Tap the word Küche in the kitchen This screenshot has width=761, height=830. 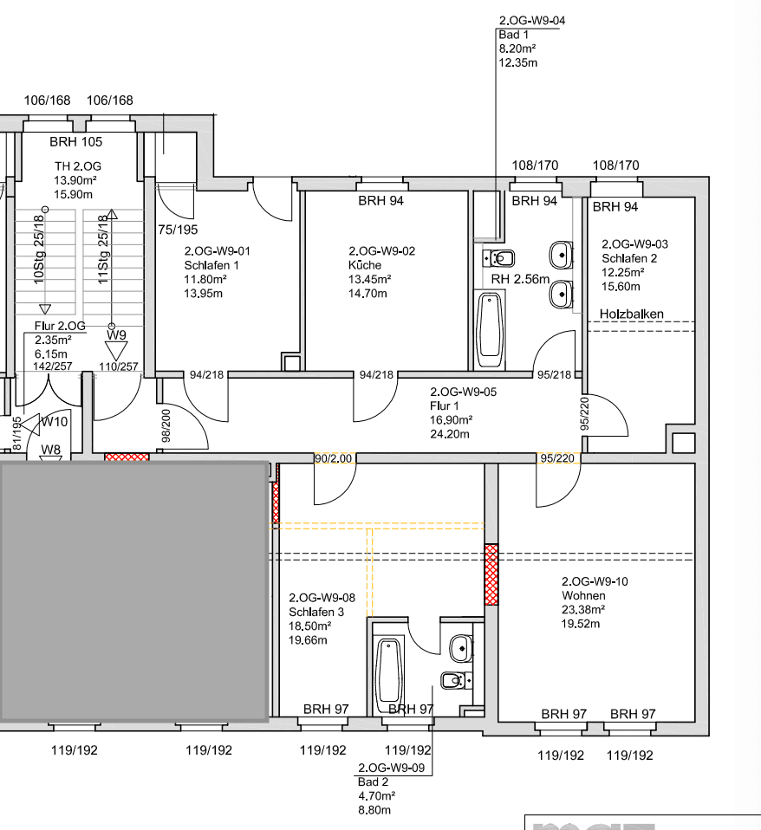click(364, 265)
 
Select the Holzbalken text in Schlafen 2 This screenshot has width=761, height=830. click(632, 313)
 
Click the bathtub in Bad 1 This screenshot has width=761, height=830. click(491, 330)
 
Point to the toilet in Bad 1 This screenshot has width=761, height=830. click(500, 258)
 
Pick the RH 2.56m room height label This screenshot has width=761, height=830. click(520, 280)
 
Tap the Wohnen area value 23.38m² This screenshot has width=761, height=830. click(583, 609)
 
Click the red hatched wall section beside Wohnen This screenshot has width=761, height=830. click(491, 574)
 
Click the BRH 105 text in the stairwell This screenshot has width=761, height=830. click(75, 142)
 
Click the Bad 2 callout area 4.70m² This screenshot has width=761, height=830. click(376, 795)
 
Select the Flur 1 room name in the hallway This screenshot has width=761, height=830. click(444, 405)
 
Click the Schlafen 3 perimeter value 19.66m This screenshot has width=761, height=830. click(308, 640)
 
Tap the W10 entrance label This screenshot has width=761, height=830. click(55, 421)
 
